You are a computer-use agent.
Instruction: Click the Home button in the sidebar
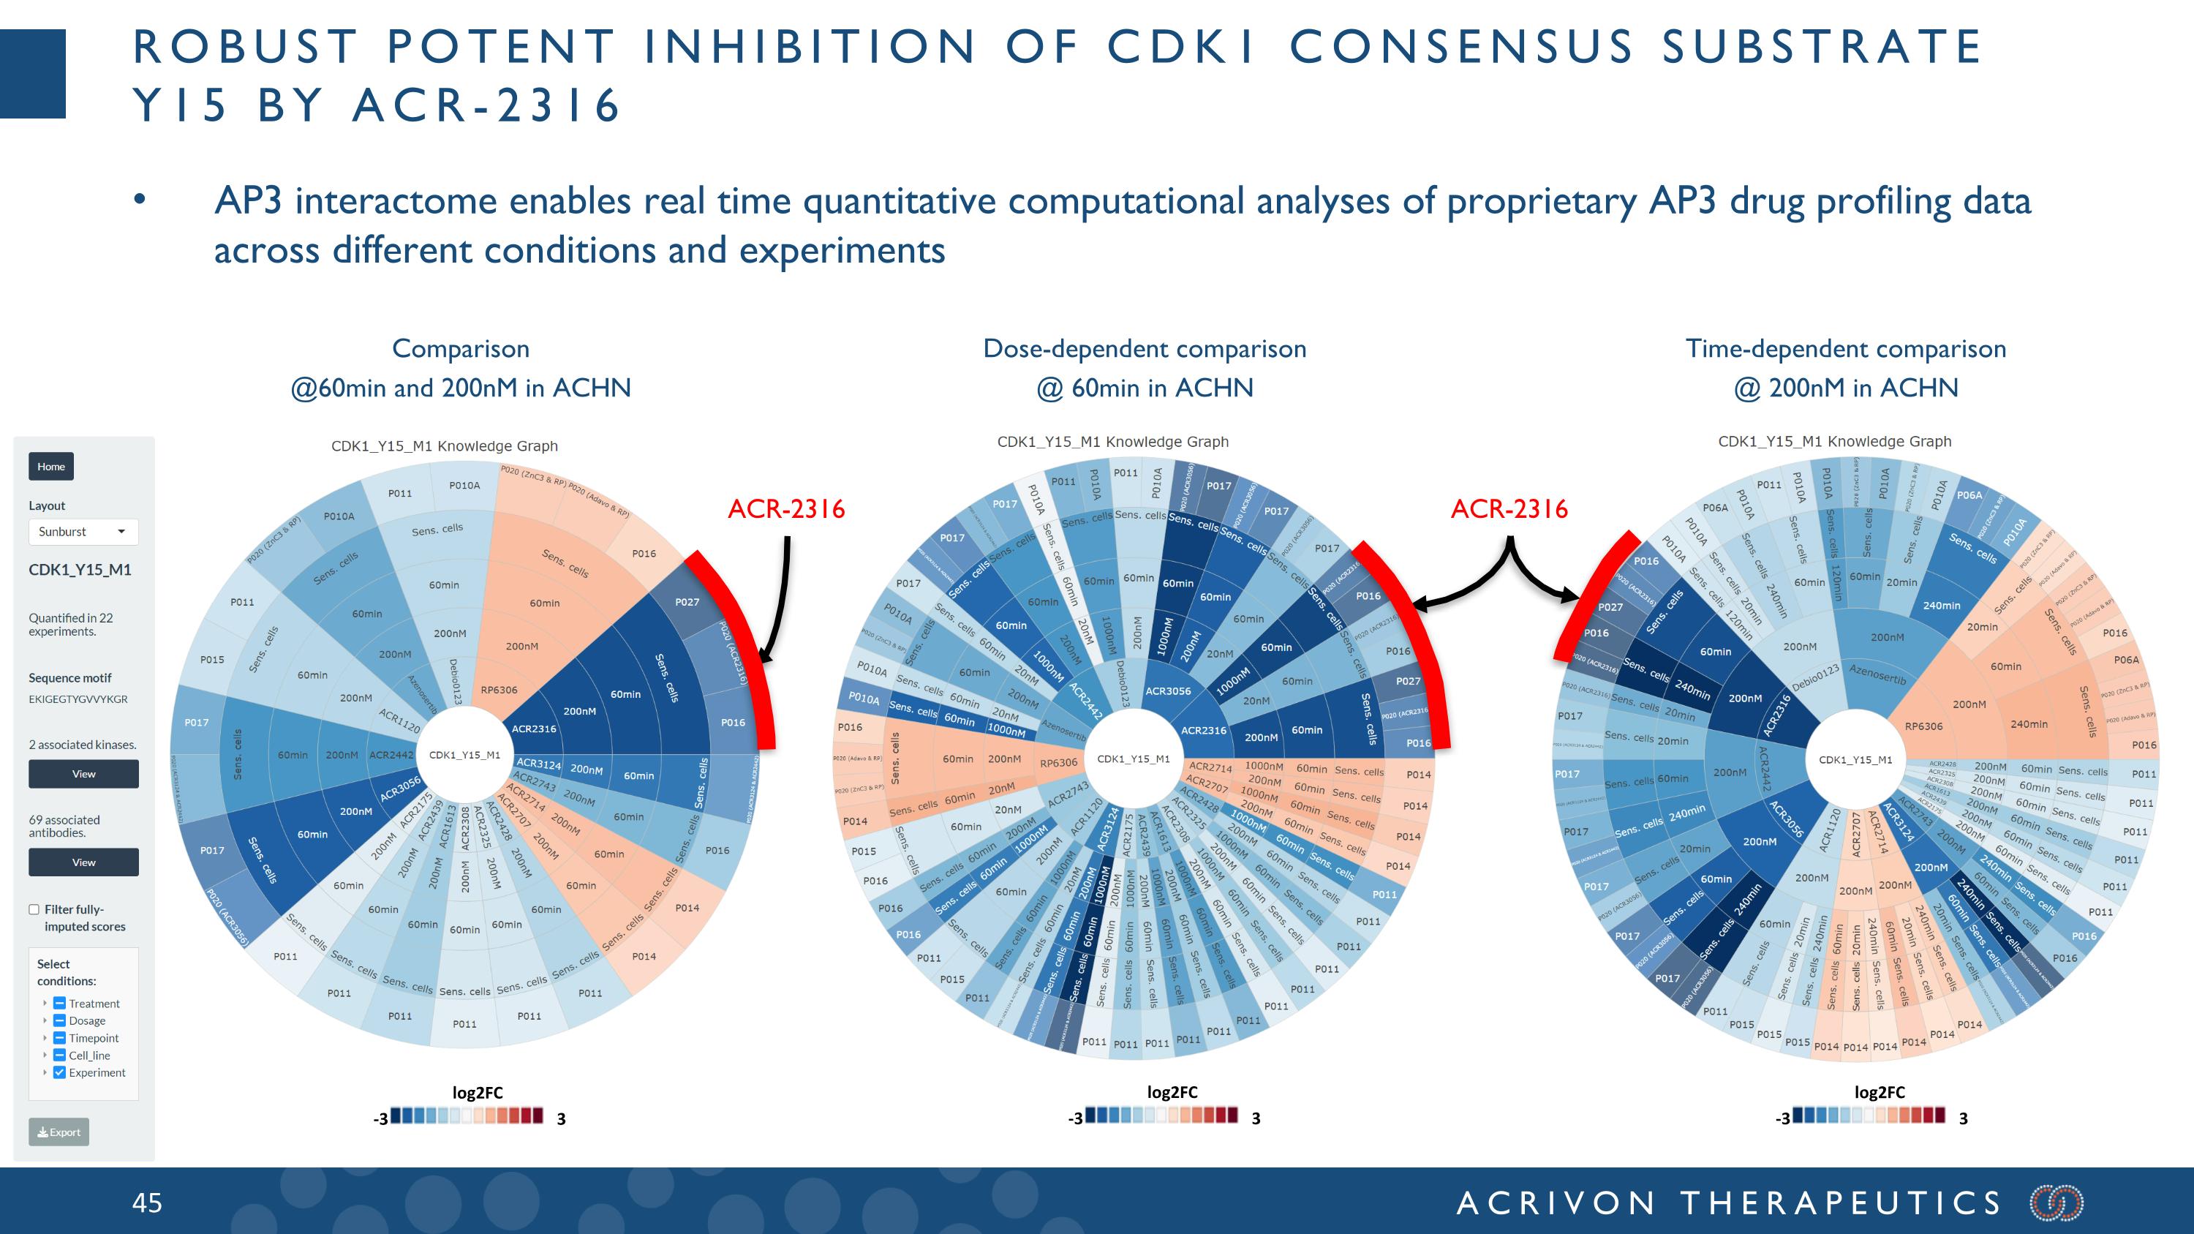pyautogui.click(x=51, y=466)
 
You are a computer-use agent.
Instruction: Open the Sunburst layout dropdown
pyautogui.click(x=83, y=531)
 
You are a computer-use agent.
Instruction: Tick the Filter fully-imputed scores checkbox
pyautogui.click(x=34, y=909)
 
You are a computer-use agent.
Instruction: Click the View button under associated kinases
pyautogui.click(x=83, y=773)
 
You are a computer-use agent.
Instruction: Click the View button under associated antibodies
pyautogui.click(x=83, y=862)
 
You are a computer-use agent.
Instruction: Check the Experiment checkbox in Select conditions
pyautogui.click(x=60, y=1072)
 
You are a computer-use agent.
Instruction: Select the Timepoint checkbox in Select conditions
pyautogui.click(x=60, y=1037)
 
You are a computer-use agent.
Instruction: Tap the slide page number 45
pyautogui.click(x=147, y=1203)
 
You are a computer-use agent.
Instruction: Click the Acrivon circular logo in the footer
pyautogui.click(x=2056, y=1203)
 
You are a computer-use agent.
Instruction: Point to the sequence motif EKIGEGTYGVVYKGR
pyautogui.click(x=78, y=699)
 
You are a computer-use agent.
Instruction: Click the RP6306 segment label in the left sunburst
pyautogui.click(x=499, y=690)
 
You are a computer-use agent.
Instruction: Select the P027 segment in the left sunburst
pyautogui.click(x=687, y=602)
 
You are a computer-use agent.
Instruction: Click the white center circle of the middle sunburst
pyautogui.click(x=1134, y=759)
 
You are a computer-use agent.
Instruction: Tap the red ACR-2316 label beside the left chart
pyautogui.click(x=786, y=509)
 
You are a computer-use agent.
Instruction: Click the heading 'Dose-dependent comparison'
pyautogui.click(x=1145, y=348)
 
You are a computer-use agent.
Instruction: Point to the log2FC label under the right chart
pyautogui.click(x=1879, y=1092)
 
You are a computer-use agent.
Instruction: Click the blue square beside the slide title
pyautogui.click(x=32, y=73)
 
